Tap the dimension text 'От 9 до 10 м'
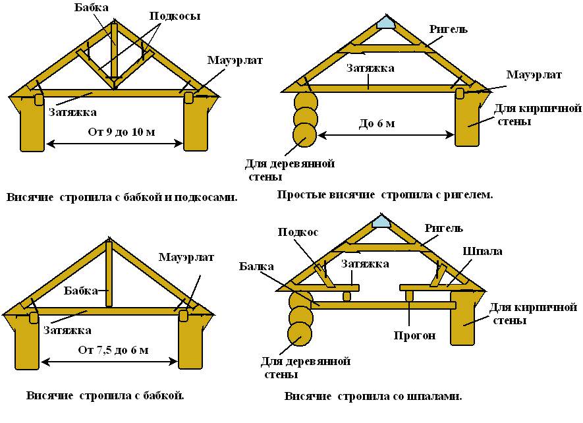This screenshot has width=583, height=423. click(x=121, y=132)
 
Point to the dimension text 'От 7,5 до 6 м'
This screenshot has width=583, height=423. click(x=113, y=350)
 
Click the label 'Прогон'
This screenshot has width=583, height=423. click(x=415, y=335)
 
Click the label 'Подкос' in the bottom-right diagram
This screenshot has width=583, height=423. click(x=298, y=232)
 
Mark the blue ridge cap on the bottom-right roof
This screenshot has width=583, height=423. click(x=381, y=222)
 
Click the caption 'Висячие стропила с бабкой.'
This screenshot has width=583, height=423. click(x=105, y=396)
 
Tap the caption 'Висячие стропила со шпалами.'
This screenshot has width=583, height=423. click(x=373, y=397)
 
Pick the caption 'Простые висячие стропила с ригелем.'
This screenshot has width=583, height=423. click(x=385, y=195)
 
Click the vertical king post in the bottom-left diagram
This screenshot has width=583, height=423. click(x=110, y=273)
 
